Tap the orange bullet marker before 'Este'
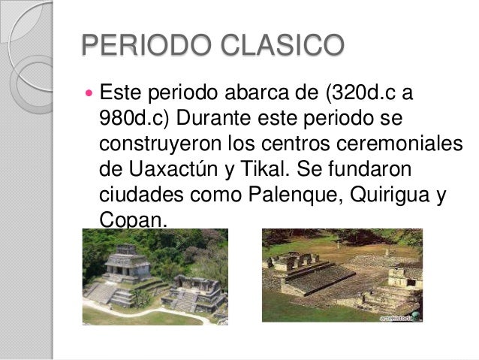click(x=88, y=95)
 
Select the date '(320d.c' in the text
click(x=357, y=96)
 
